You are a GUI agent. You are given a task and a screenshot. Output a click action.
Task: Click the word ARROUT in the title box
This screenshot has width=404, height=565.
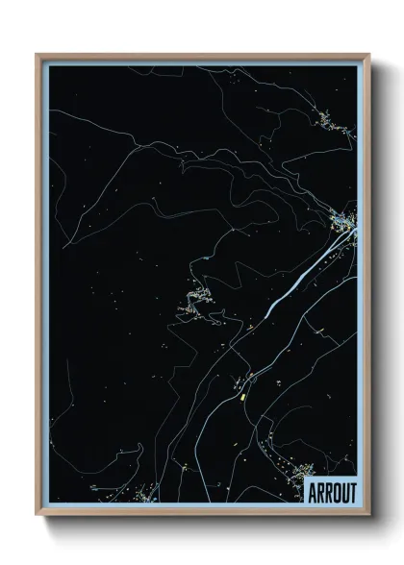tap(332, 492)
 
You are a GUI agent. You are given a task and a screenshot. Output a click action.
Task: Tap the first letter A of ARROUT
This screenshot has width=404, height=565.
tap(312, 492)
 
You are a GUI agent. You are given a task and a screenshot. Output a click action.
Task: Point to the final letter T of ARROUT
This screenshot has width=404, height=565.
tap(352, 492)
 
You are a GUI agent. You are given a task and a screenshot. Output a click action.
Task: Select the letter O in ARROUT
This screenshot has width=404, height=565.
tap(335, 492)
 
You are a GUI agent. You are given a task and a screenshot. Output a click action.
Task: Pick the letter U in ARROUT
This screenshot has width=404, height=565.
tap(343, 492)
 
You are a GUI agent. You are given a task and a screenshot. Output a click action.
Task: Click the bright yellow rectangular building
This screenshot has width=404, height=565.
tap(244, 392)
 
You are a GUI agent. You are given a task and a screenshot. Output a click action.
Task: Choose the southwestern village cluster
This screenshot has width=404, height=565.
tap(145, 494)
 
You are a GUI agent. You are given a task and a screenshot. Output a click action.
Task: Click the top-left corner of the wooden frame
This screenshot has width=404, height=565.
tap(38, 55)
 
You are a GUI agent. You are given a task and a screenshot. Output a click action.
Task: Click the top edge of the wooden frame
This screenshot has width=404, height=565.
tap(202, 55)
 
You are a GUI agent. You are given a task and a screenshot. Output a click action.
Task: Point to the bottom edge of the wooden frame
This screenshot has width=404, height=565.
tap(202, 514)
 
